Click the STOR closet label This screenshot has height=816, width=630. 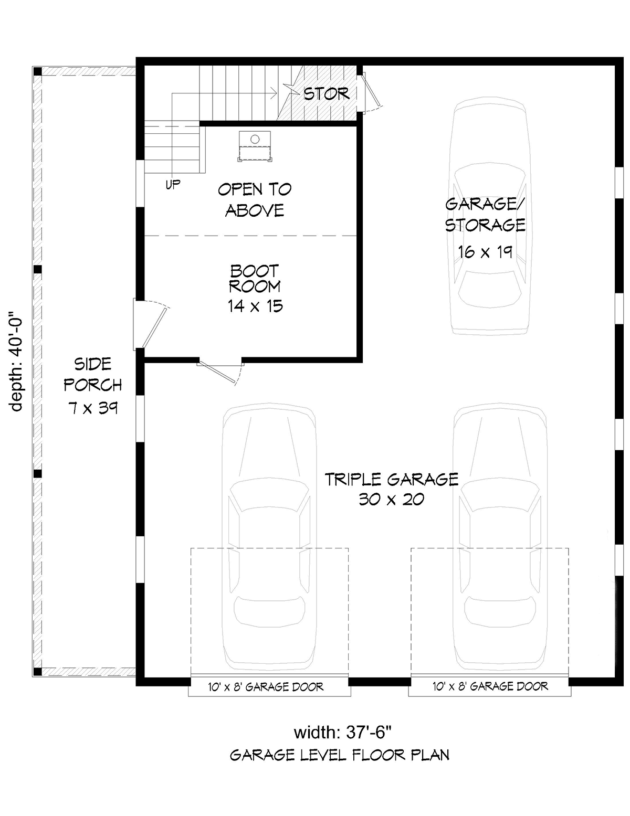[326, 94]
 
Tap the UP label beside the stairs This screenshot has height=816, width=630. [173, 184]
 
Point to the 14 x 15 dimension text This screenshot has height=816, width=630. [255, 306]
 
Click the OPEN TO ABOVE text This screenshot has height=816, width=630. [255, 199]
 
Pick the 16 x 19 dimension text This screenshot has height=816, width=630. [485, 252]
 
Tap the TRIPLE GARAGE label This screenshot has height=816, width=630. [392, 480]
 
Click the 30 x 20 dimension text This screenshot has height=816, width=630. [392, 500]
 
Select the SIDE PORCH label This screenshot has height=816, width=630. [93, 374]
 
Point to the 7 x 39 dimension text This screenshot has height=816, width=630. [93, 408]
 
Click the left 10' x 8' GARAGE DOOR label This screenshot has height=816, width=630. [266, 687]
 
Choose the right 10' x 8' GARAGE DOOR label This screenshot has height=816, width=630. [490, 687]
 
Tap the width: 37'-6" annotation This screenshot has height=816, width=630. [343, 733]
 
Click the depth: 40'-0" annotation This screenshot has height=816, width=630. [16, 361]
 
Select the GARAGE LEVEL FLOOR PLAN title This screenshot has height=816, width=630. [340, 755]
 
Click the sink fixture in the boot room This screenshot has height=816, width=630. [255, 146]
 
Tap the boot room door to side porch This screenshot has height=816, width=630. [150, 325]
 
